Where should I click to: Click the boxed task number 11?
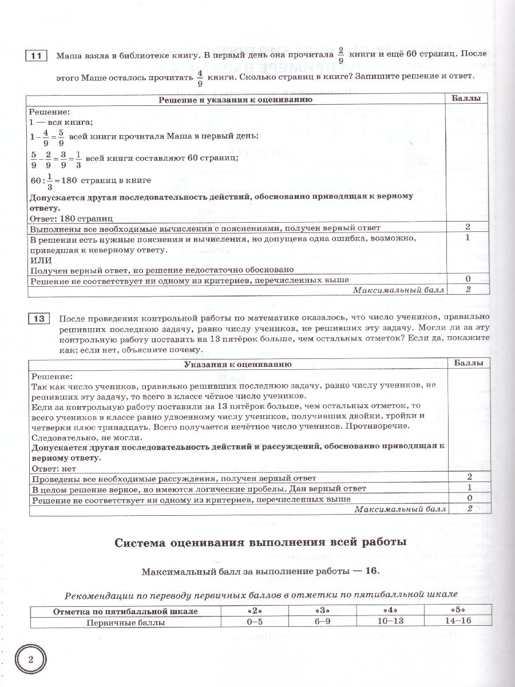(x=35, y=56)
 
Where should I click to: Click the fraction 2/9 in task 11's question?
(x=341, y=56)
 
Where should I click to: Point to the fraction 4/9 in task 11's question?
(x=200, y=76)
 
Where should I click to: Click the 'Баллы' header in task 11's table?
(x=467, y=98)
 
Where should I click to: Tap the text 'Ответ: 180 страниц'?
(x=71, y=218)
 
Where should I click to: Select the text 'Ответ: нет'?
(x=53, y=468)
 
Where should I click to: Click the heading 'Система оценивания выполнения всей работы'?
(x=260, y=541)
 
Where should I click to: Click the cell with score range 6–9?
(x=322, y=621)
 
